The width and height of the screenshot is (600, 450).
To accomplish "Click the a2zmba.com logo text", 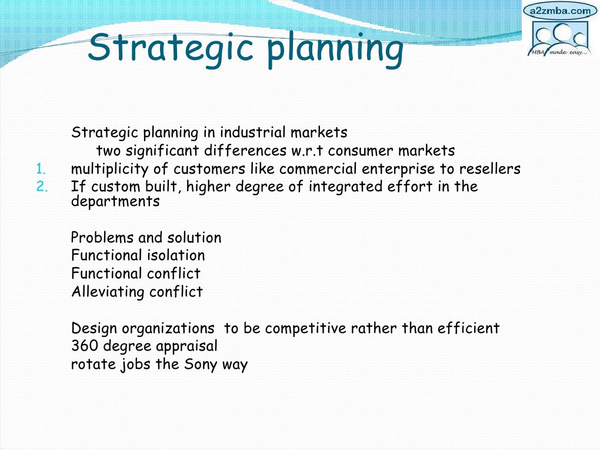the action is pyautogui.click(x=560, y=11).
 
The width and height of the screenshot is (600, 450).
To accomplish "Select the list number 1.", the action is pyautogui.click(x=41, y=169).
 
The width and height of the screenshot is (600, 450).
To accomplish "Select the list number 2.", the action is pyautogui.click(x=42, y=186).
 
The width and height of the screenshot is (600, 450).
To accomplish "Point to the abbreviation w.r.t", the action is pyautogui.click(x=307, y=151).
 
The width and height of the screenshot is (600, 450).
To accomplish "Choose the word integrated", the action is pyautogui.click(x=345, y=186).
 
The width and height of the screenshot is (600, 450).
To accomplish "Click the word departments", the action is pyautogui.click(x=115, y=201).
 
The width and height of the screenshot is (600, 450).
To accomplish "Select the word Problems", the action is pyautogui.click(x=102, y=237).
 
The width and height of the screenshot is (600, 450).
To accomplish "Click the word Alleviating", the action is pyautogui.click(x=108, y=292).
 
